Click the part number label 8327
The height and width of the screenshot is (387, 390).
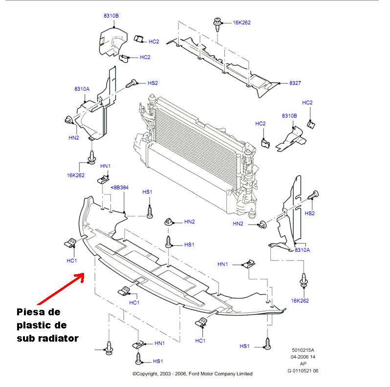[295, 83]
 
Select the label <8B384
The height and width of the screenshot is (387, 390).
[119, 187]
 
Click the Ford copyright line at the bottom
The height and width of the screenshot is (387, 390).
[193, 374]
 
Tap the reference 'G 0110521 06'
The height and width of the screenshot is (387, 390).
[303, 371]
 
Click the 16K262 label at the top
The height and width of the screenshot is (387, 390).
[241, 22]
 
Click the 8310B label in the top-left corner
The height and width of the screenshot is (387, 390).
[111, 16]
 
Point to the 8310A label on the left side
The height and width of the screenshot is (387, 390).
[82, 89]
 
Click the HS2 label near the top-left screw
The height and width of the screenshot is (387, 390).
[152, 83]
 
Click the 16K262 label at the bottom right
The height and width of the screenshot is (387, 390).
[300, 301]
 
